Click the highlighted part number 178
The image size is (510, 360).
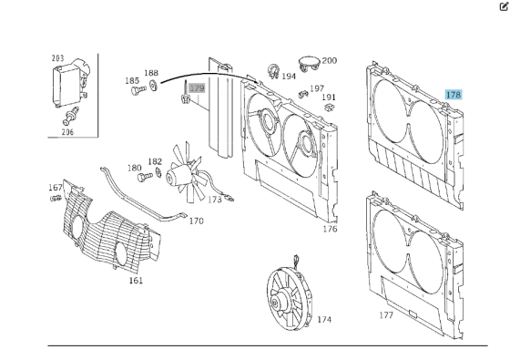pyautogui.click(x=454, y=95)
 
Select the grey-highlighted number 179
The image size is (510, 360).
pyautogui.click(x=197, y=87)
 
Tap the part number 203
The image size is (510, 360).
pyautogui.click(x=58, y=58)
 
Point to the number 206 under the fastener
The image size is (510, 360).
pyautogui.click(x=67, y=132)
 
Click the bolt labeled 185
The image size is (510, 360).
pyautogui.click(x=138, y=90)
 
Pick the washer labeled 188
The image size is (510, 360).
pyautogui.click(x=153, y=86)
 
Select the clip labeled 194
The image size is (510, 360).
pyautogui.click(x=273, y=71)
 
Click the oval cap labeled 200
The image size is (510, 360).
pyautogui.click(x=310, y=63)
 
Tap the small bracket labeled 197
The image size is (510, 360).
pyautogui.click(x=303, y=94)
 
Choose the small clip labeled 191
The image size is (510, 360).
pyautogui.click(x=329, y=108)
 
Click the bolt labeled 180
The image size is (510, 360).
pyautogui.click(x=145, y=177)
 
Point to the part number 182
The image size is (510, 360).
pyautogui.click(x=155, y=162)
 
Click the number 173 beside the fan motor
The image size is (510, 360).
pyautogui.click(x=215, y=200)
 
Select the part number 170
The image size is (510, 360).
pyautogui.click(x=197, y=221)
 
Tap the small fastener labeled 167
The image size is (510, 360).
pyautogui.click(x=56, y=198)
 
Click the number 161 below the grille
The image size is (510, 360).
pyautogui.click(x=136, y=281)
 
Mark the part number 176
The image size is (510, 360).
pyautogui.click(x=330, y=229)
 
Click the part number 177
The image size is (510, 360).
pyautogui.click(x=386, y=315)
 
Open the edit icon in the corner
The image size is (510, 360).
pyautogui.click(x=504, y=6)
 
